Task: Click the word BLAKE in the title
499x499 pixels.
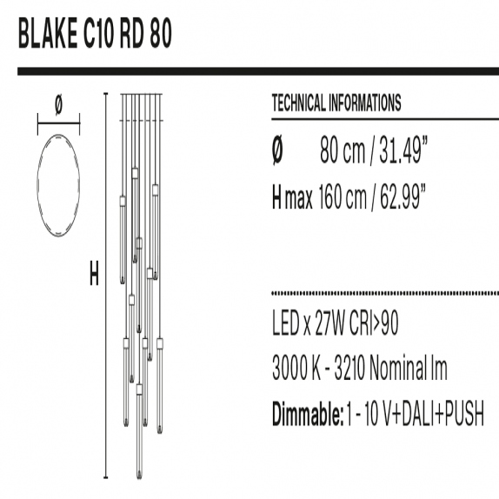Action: point(48,33)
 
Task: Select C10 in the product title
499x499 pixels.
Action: point(99,33)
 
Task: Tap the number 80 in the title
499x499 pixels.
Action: point(161,33)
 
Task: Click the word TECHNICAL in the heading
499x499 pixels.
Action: point(298,103)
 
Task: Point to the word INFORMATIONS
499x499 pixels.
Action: point(364,103)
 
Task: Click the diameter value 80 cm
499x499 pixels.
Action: point(343,150)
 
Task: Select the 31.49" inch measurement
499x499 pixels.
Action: point(403,150)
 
